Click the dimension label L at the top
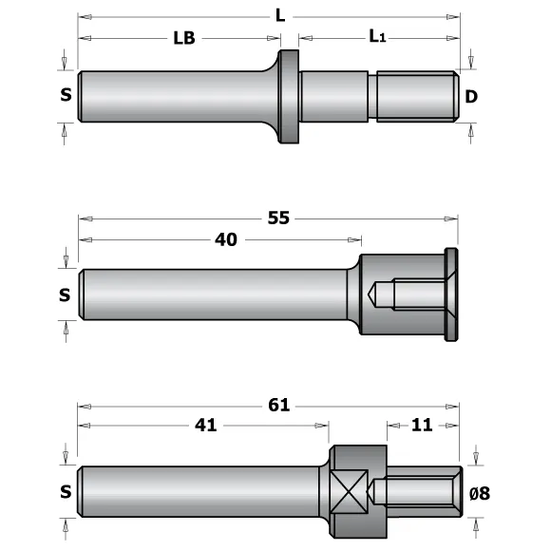(278, 16)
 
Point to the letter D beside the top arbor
(470, 96)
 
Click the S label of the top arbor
(65, 95)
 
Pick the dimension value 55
(278, 218)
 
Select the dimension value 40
(226, 239)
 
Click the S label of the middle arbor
(65, 294)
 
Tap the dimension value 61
(278, 405)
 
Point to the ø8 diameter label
(479, 492)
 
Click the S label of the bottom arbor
(65, 492)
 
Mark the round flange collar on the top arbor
(288, 96)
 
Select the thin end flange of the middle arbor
(451, 294)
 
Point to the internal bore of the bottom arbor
(413, 491)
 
